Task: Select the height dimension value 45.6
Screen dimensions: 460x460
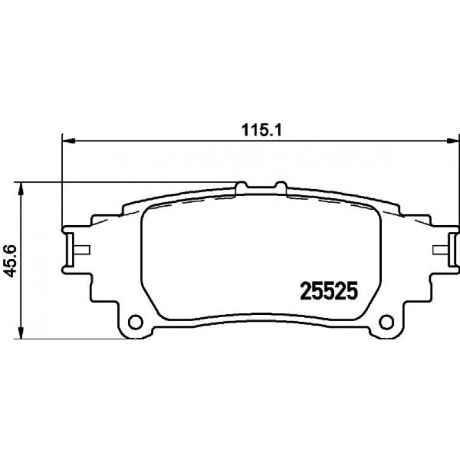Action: click(x=9, y=261)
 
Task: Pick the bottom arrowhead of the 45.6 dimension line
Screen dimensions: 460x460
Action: click(x=21, y=335)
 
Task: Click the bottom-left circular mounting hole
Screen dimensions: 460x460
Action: click(x=135, y=322)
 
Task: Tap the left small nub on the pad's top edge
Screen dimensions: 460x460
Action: click(x=242, y=186)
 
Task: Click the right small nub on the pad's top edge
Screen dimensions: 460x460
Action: click(x=281, y=186)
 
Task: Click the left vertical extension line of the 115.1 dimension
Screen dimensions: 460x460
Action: click(x=61, y=183)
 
